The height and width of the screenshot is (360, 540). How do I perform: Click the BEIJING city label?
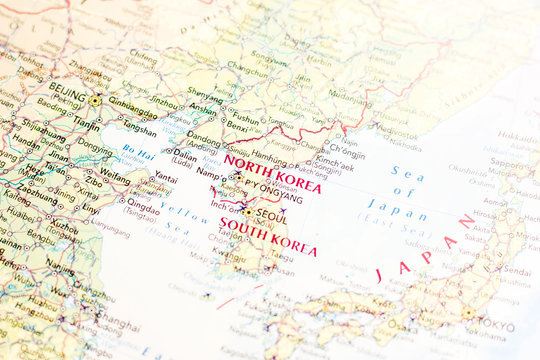68,90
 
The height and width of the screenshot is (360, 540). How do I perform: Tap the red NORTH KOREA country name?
273,173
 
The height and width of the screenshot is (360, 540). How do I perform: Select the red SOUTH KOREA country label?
267,239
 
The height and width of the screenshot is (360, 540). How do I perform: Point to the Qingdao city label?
143,201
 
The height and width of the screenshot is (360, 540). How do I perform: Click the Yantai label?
165,177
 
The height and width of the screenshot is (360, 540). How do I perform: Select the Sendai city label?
516,270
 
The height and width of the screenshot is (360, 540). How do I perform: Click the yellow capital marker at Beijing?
95,100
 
